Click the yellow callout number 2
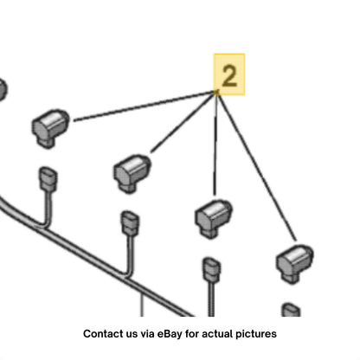229,75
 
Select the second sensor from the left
132,173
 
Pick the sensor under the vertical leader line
214,218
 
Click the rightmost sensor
295,263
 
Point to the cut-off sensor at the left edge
3,90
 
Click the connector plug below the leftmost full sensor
48,179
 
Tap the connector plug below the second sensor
130,224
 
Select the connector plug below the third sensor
212,270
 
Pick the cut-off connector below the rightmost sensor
291,310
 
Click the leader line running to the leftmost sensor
145,106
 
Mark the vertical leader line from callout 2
215,145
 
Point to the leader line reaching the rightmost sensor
257,166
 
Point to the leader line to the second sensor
183,122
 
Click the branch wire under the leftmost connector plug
48,209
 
